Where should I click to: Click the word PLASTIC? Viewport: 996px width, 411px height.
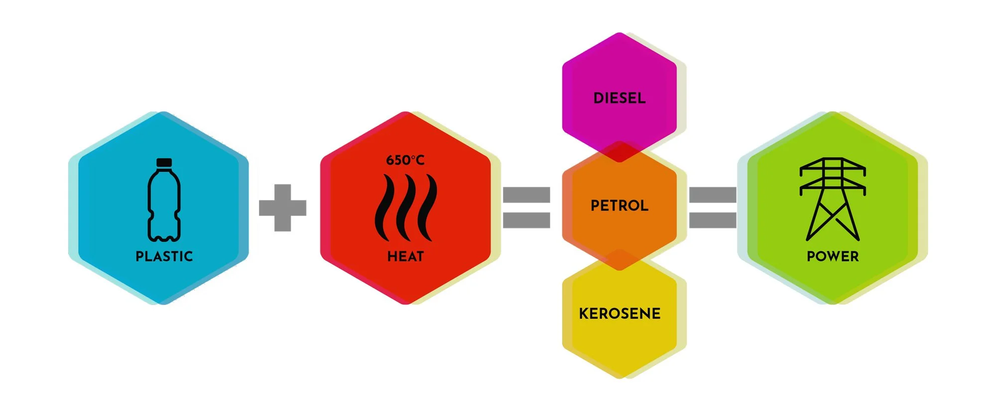164,256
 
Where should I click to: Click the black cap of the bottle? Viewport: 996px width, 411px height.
164,162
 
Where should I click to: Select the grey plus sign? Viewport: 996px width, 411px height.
282,207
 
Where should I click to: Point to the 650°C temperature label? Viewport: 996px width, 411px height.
405,160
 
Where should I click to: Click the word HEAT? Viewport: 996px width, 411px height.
405,256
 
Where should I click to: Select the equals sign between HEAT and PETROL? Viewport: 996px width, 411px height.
526,207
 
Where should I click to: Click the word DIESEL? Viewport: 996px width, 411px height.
620,98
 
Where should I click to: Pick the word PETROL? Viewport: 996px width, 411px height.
620,205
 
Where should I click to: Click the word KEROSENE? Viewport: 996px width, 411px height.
620,313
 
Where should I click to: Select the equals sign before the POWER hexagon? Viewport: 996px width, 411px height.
712,207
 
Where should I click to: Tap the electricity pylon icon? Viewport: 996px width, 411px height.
833,199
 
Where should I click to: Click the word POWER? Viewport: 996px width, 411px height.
833,256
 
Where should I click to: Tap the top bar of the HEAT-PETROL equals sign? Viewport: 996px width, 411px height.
526,195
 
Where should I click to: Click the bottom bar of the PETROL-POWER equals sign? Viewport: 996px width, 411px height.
712,220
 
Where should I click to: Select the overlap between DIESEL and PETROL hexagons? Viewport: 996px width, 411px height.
620,152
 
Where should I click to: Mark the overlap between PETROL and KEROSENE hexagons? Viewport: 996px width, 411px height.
620,260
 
